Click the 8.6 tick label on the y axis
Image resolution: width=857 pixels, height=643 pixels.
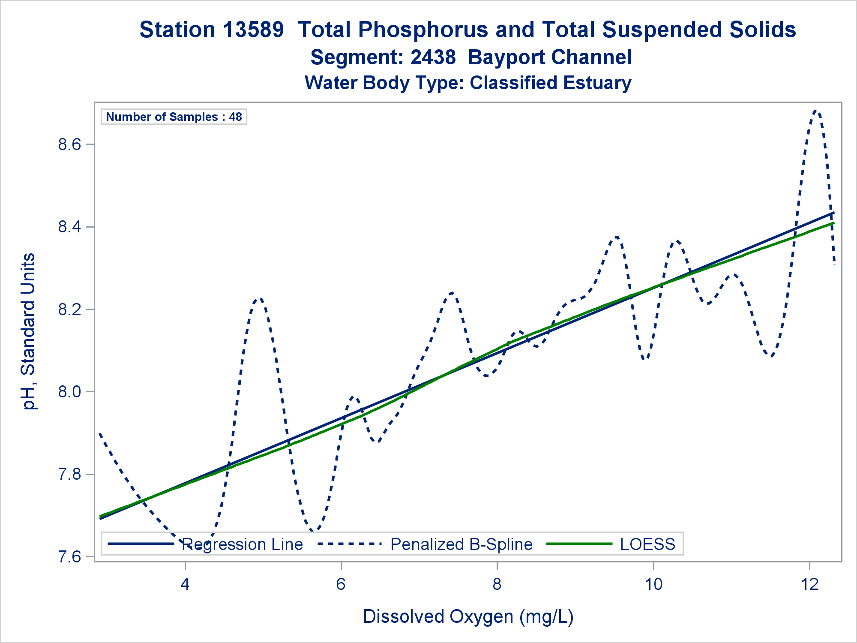(x=69, y=144)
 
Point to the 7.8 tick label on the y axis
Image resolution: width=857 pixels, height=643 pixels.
(x=69, y=475)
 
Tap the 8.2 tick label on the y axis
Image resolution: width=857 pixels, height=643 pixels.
(x=69, y=309)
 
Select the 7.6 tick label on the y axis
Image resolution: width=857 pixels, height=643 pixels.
(x=69, y=557)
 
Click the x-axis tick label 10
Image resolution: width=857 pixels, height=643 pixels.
(x=653, y=584)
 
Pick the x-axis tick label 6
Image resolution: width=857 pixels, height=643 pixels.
(x=341, y=584)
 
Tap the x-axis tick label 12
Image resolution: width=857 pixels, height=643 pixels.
(x=809, y=584)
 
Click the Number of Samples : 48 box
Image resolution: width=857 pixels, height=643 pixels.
(x=174, y=117)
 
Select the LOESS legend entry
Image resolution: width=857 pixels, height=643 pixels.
(x=647, y=544)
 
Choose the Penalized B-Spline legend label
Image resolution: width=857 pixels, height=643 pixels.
(x=461, y=544)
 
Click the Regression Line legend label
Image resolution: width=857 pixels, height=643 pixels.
(x=243, y=544)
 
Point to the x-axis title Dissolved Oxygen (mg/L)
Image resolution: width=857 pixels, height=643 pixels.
(x=468, y=617)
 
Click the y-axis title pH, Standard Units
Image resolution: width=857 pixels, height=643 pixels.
(x=29, y=331)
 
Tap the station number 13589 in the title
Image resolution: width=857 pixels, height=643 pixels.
(x=253, y=30)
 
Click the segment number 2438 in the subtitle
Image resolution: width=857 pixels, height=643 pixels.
(x=433, y=57)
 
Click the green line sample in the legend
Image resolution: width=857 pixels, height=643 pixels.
(x=580, y=544)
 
